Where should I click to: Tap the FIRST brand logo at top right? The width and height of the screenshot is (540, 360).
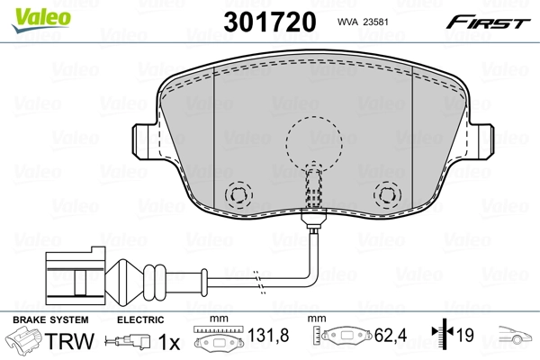coord(490,22)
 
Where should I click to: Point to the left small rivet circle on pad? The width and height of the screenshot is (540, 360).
coord(239,194)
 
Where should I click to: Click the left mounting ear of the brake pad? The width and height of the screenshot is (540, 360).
coord(145,139)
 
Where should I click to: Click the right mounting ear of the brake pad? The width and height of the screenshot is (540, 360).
coord(483,139)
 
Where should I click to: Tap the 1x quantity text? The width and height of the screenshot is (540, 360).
coord(167,342)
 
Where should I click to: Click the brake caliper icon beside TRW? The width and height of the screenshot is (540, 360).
coord(24,342)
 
